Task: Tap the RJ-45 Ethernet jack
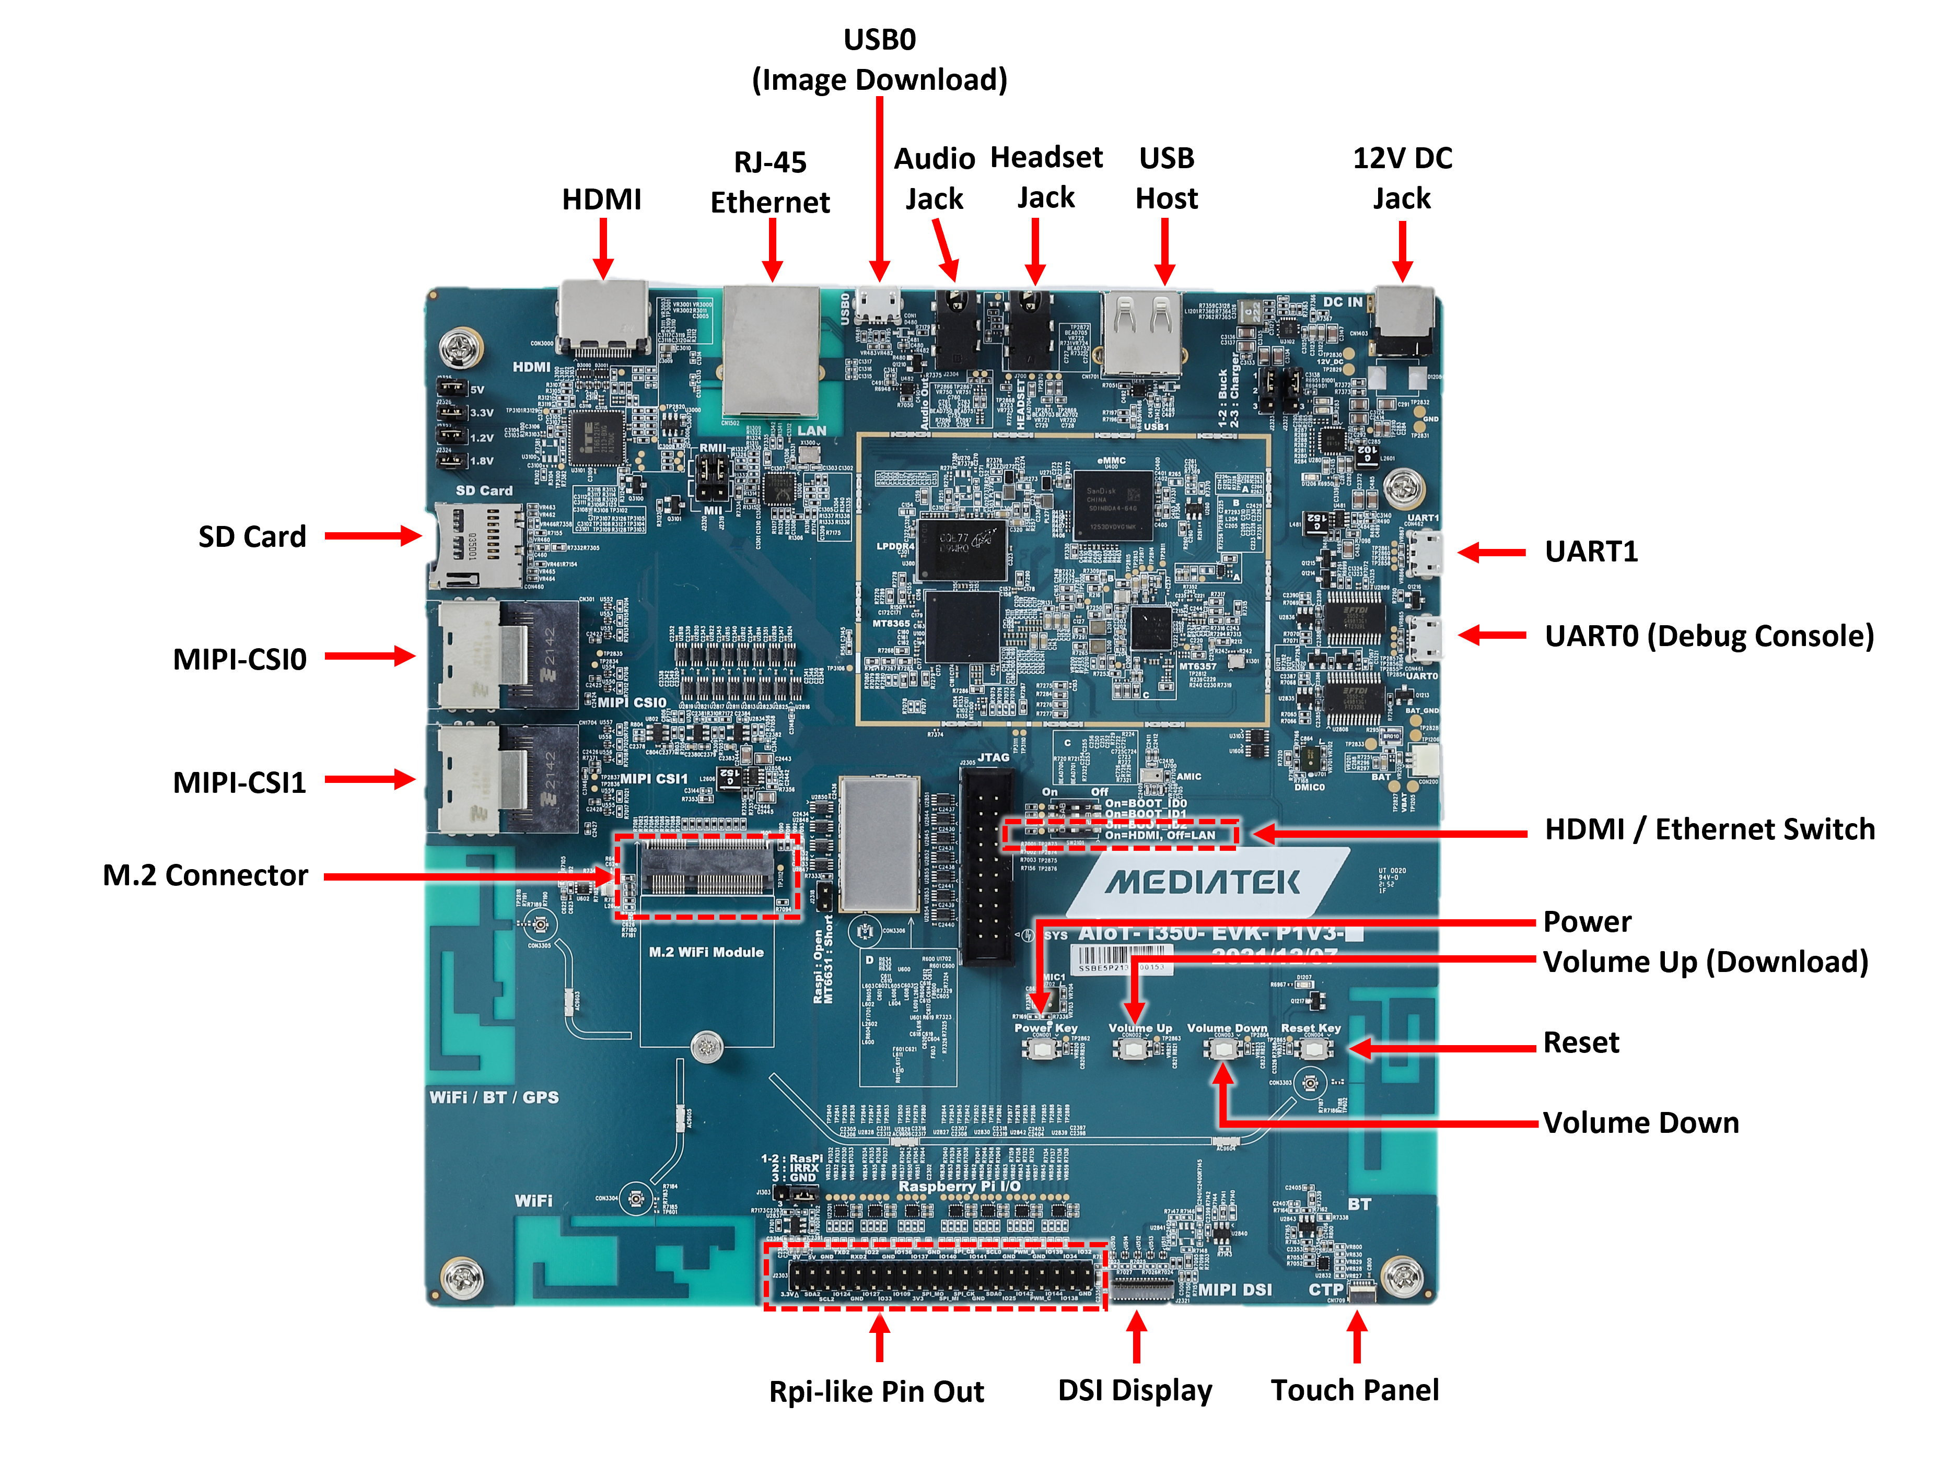[x=772, y=350]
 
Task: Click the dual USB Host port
[x=1142, y=332]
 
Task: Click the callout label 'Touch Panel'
[x=1355, y=1390]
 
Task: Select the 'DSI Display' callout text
[x=1135, y=1390]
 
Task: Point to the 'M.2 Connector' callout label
[x=205, y=875]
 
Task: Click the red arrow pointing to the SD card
[x=372, y=536]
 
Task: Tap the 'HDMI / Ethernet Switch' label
[x=1709, y=829]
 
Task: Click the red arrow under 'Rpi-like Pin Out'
[x=879, y=1338]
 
